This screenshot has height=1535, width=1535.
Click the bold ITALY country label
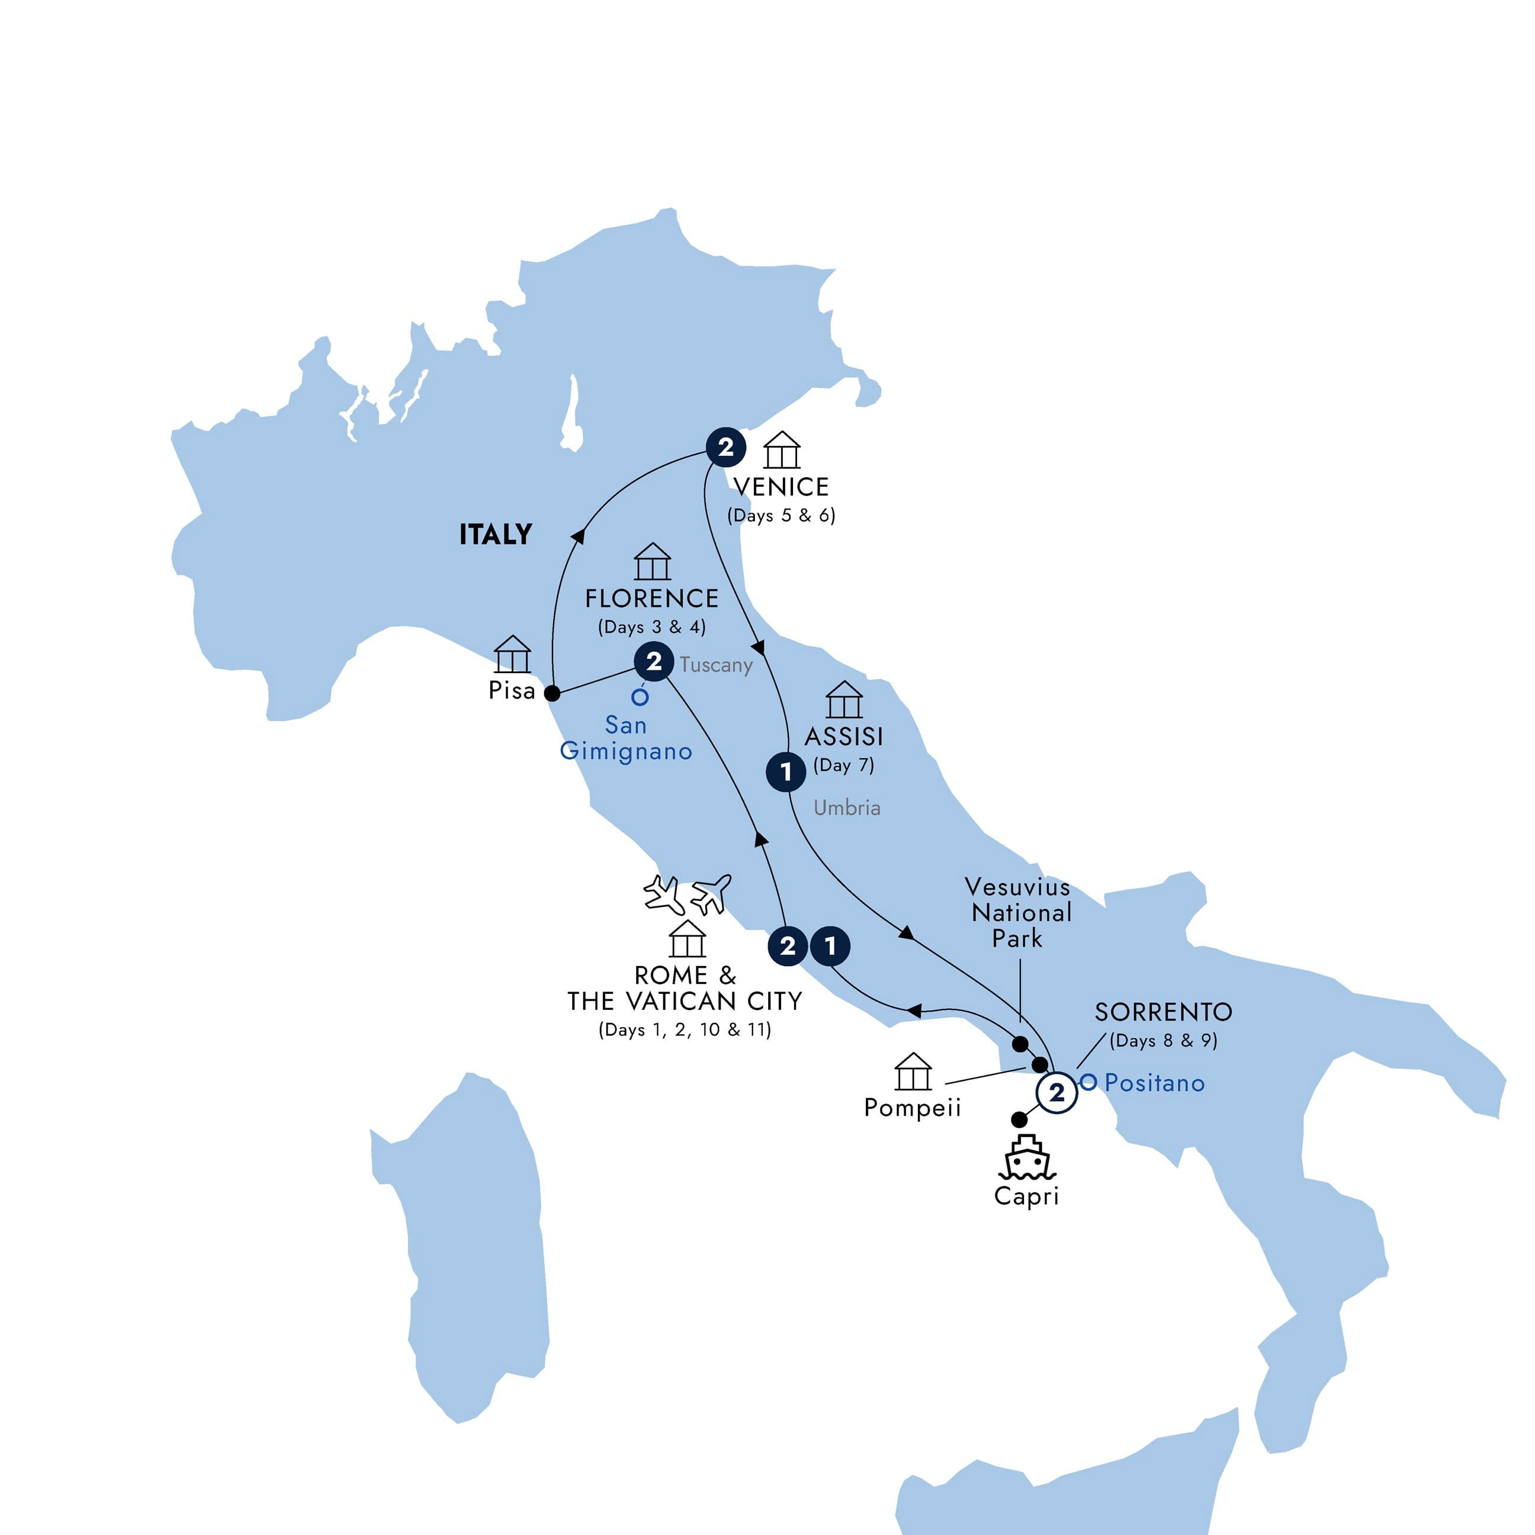(495, 535)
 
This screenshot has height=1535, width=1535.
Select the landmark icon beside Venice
(781, 450)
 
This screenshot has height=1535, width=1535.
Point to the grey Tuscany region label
(715, 665)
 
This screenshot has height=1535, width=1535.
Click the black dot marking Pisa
(552, 693)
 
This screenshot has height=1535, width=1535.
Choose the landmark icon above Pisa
(512, 655)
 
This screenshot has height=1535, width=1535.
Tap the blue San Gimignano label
(625, 738)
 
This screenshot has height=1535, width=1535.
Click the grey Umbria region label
(847, 808)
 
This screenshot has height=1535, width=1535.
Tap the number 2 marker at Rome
(788, 945)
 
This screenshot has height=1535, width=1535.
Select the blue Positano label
(1154, 1083)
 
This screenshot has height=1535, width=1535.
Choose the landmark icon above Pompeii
(913, 1072)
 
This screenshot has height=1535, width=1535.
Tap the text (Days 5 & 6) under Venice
(781, 516)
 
